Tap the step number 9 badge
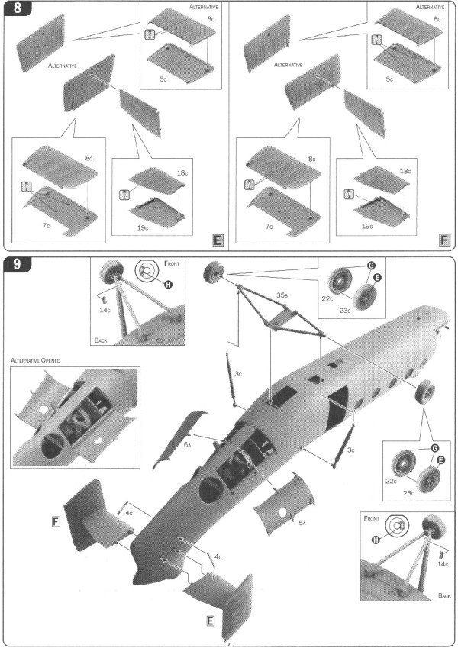(x=15, y=266)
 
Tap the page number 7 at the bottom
(x=228, y=643)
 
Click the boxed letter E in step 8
(x=218, y=240)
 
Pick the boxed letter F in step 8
(x=444, y=240)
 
